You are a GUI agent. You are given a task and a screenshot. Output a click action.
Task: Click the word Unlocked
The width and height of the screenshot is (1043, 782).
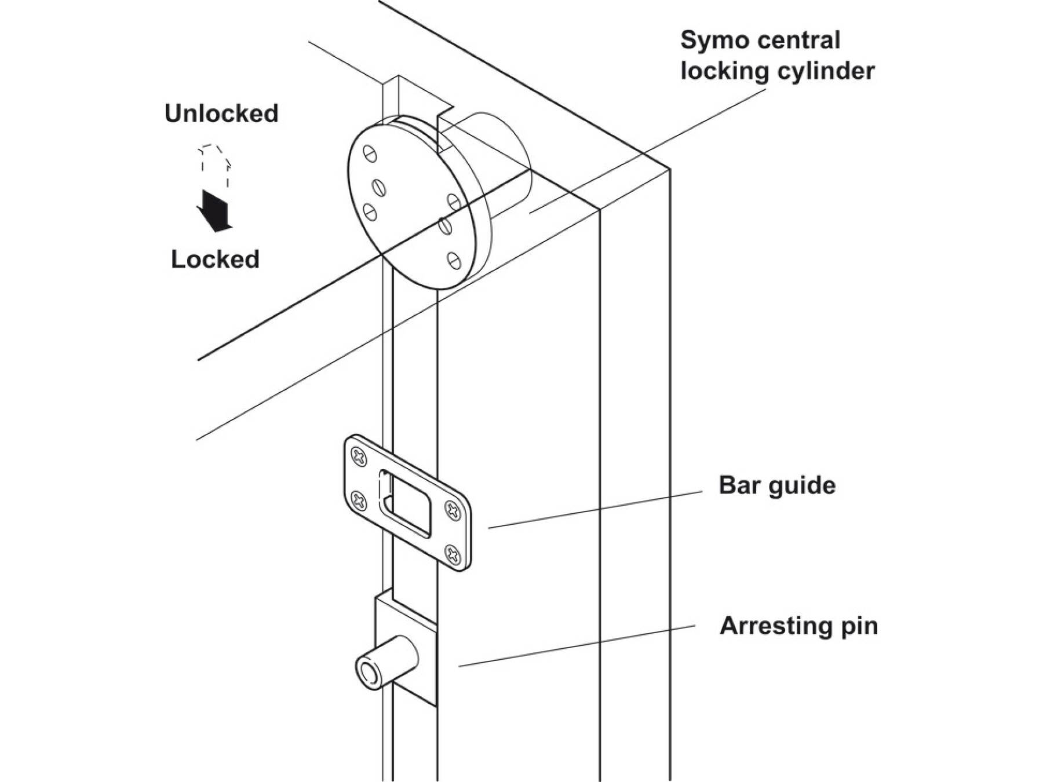(221, 114)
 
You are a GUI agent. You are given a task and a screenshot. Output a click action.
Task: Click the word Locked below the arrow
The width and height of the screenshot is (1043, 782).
(215, 259)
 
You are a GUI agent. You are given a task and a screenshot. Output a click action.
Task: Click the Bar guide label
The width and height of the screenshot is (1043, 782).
(776, 485)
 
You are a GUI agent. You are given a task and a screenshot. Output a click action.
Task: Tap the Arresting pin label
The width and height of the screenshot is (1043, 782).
(798, 626)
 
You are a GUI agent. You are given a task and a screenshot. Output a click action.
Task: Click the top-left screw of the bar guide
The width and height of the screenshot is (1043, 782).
(359, 458)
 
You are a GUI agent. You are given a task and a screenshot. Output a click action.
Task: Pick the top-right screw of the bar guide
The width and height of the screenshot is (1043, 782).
(453, 510)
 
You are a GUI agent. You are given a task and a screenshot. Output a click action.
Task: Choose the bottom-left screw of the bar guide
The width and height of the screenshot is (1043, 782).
(359, 500)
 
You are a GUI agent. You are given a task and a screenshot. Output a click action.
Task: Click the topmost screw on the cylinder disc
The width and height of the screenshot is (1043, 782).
(370, 154)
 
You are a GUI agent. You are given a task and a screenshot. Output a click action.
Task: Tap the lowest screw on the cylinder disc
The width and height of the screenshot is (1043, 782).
(454, 261)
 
